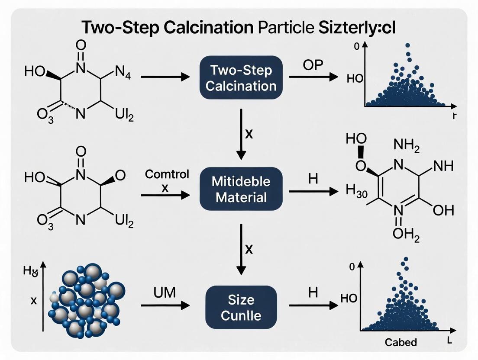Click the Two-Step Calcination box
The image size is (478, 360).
[241, 77]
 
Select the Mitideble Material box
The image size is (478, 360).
[241, 190]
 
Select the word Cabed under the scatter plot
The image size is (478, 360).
[400, 342]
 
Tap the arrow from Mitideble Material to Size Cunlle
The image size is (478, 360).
[241, 248]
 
